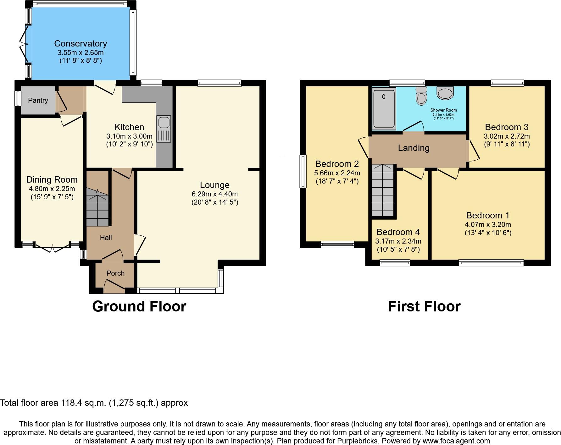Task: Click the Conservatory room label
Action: click(81, 43)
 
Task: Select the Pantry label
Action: click(38, 100)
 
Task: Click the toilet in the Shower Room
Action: click(421, 96)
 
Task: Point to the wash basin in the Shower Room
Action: click(445, 93)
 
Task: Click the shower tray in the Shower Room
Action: click(384, 109)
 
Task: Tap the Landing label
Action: click(414, 148)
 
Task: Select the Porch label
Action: click(115, 273)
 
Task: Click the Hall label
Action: click(106, 238)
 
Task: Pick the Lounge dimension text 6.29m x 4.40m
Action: click(214, 194)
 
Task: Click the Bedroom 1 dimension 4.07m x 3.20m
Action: click(488, 224)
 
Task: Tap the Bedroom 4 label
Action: click(398, 232)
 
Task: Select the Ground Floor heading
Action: click(139, 306)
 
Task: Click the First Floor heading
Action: click(424, 306)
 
